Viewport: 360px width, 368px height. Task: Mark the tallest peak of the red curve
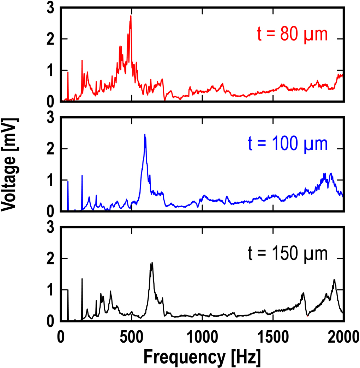[x=131, y=16]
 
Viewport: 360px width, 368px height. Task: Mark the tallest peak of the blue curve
[x=145, y=135]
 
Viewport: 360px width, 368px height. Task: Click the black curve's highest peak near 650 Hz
[x=152, y=263]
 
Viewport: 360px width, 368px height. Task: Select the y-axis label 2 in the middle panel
[x=51, y=149]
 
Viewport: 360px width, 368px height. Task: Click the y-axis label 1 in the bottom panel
[x=51, y=290]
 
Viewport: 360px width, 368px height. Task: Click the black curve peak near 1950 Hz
[x=334, y=280]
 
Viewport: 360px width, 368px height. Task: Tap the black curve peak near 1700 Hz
[x=303, y=293]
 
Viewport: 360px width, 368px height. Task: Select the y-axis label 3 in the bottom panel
[x=51, y=227]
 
